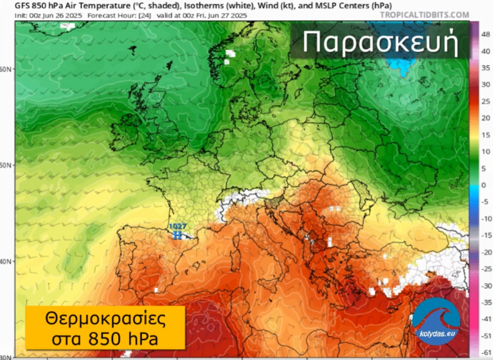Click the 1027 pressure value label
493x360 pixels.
[177, 227]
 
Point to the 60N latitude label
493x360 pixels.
[6, 70]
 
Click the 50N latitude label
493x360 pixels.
[6, 165]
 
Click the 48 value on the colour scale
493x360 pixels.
[485, 34]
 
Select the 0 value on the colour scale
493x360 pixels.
[483, 185]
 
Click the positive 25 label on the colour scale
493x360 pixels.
[485, 101]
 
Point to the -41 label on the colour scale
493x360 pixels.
[485, 320]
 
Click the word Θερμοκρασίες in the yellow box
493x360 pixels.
[105, 320]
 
